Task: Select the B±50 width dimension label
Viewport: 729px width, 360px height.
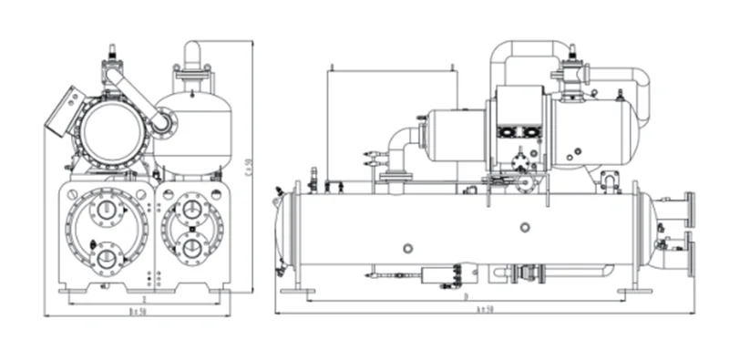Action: (139, 310)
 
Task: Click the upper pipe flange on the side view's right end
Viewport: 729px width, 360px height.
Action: (689, 209)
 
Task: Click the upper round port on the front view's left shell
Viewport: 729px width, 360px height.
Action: (108, 211)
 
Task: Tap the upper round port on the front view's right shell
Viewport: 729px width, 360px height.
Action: (190, 210)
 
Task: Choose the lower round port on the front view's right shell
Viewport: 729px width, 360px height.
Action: (190, 245)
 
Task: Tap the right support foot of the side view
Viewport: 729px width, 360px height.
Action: (634, 291)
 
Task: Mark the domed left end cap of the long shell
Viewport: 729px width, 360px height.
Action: (284, 233)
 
